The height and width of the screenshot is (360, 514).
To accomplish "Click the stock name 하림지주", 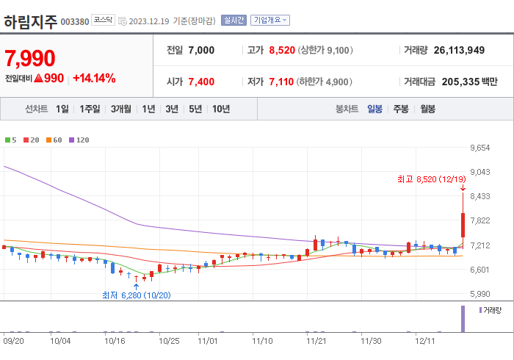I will pos(29,21).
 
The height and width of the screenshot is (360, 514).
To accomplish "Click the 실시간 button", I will pos(234,21).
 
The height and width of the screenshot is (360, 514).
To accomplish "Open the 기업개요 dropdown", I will pos(270,21).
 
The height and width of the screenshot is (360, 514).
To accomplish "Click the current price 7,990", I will pos(31,58).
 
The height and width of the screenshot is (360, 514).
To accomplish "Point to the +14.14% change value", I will pos(94,78).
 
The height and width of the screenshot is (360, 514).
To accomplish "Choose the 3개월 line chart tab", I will pos(121,109).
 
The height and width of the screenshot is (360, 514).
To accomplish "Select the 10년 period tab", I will pos(221,109).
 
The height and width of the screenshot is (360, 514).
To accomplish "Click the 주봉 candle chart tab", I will pos(400,109).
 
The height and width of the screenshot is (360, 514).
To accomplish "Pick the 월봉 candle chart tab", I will pos(427,109).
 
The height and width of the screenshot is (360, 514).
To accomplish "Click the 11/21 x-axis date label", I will pos(316,341).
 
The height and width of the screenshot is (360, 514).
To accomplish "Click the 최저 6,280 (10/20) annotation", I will pos(136,295).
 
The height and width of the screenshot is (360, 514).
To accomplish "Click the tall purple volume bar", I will pos(463,318).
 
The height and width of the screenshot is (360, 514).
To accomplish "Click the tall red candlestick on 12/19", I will pos(463,224).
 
